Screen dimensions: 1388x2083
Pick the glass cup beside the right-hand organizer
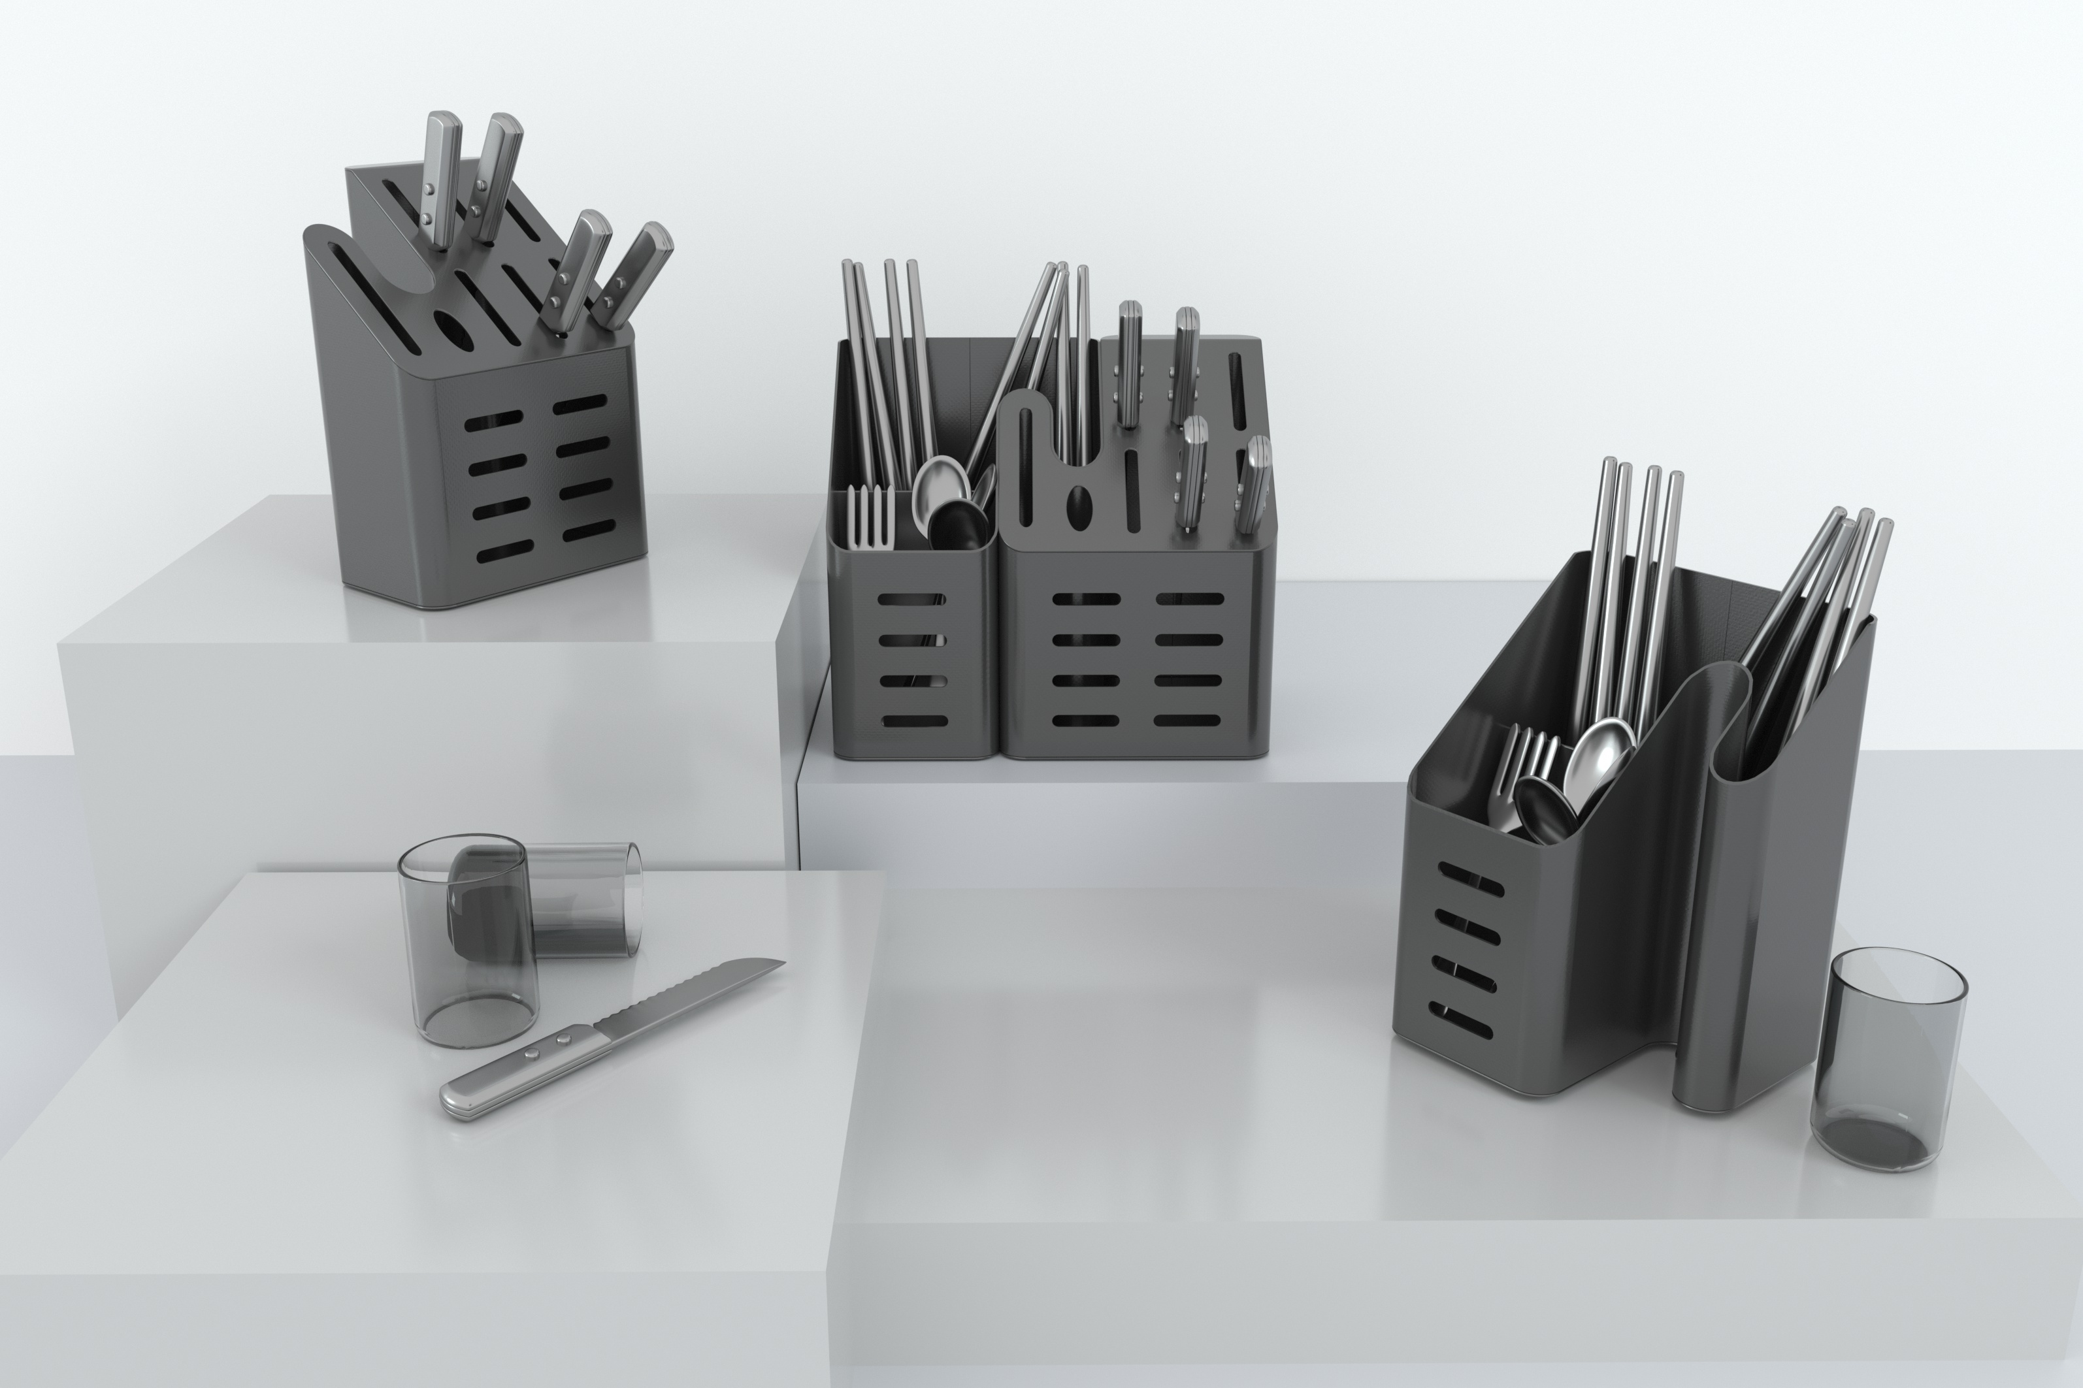pyautogui.click(x=1888, y=1057)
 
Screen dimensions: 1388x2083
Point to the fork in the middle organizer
pyautogui.click(x=869, y=518)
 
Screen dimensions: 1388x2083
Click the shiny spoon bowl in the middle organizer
pyautogui.click(x=940, y=486)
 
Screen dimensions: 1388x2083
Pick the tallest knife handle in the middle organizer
pyautogui.click(x=1130, y=363)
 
